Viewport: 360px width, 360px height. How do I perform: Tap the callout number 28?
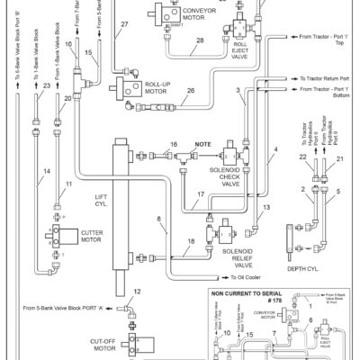pos(198,40)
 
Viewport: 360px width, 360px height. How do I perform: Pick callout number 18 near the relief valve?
pos(192,243)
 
